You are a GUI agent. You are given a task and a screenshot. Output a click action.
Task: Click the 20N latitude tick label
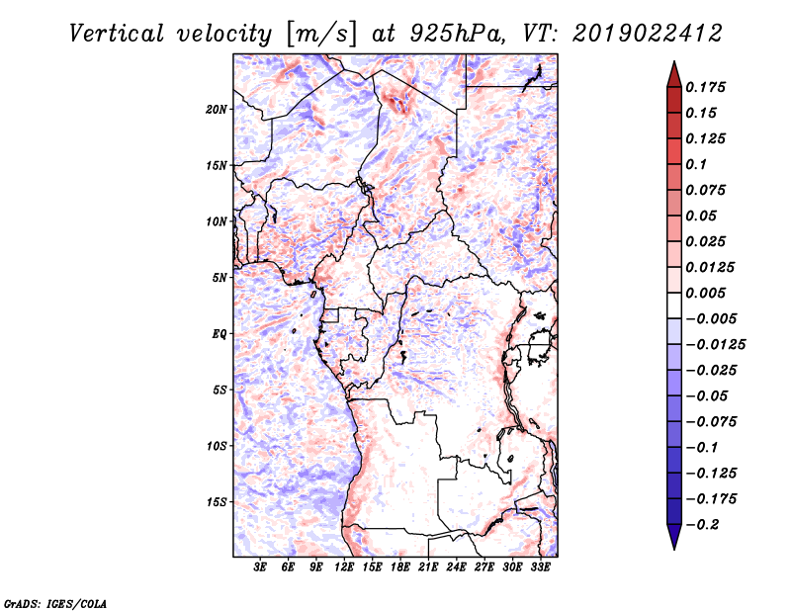click(x=217, y=109)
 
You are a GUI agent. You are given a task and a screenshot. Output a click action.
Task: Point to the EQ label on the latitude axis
click(x=219, y=334)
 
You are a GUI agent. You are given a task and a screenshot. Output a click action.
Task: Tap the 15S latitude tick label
click(x=217, y=502)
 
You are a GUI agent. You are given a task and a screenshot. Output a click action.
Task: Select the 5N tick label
click(x=220, y=278)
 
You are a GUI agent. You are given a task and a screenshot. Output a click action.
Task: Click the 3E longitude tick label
click(x=260, y=567)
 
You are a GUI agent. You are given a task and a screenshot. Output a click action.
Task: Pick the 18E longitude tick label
click(x=400, y=567)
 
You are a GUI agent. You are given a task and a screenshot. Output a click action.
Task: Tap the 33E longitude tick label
click(x=540, y=567)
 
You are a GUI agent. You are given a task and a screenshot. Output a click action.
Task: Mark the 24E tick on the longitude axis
click(x=456, y=567)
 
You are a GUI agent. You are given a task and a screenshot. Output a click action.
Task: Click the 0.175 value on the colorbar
click(x=705, y=87)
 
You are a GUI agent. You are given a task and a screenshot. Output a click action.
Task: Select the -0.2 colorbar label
click(x=702, y=525)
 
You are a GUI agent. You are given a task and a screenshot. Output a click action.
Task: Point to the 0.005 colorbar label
click(x=705, y=293)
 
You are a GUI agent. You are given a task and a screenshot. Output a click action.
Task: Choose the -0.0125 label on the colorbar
click(x=715, y=345)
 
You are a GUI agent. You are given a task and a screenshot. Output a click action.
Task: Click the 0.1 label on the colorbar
click(x=696, y=164)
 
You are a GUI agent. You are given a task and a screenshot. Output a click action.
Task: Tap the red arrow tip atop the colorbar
click(x=674, y=61)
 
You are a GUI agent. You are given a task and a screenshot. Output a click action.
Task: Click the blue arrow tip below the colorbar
click(x=674, y=549)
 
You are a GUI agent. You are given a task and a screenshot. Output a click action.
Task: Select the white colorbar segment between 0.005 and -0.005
click(x=674, y=305)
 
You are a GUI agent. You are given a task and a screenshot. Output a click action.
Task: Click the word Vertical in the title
click(x=117, y=34)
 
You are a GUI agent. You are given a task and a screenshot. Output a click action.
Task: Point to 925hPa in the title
click(x=457, y=34)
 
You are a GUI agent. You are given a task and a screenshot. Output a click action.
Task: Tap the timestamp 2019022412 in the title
click(x=648, y=34)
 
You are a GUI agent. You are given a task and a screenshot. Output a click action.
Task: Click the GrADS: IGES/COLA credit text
click(x=55, y=603)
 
